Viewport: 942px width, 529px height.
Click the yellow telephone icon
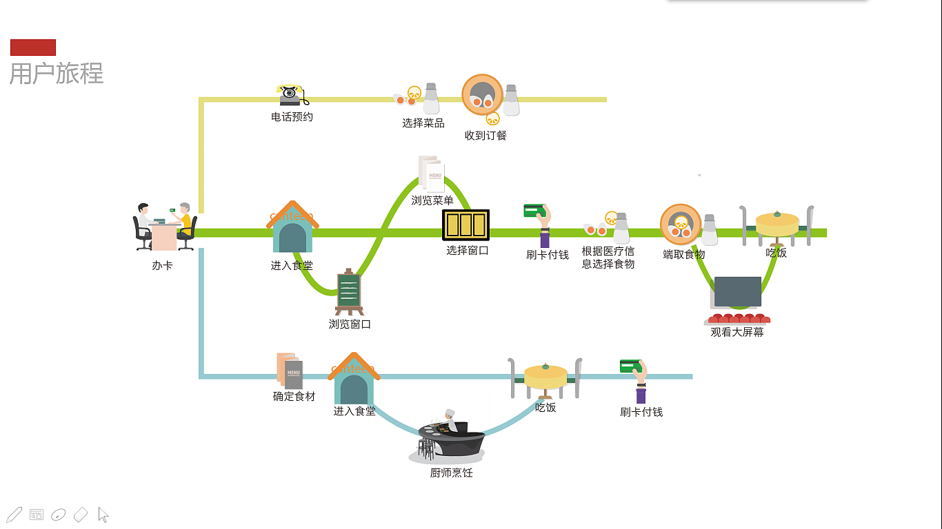tap(292, 95)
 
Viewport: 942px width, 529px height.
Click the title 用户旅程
tap(57, 73)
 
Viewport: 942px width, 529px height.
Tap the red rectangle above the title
tap(33, 48)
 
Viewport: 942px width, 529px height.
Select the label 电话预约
tap(292, 117)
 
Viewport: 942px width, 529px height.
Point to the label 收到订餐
tap(485, 136)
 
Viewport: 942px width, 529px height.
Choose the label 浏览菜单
tap(432, 200)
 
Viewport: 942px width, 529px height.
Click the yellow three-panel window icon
tap(466, 225)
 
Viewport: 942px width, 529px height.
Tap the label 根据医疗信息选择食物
tap(608, 258)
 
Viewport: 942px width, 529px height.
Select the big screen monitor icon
tap(737, 292)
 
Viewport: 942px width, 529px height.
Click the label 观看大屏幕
tap(737, 332)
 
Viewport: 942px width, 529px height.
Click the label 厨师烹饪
tap(452, 473)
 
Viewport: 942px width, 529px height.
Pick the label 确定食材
tap(294, 397)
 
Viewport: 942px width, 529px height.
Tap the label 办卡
tap(162, 266)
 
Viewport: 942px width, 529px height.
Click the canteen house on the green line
tap(293, 228)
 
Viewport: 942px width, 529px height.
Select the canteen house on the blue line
tap(354, 380)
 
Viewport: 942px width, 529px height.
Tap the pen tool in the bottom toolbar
tap(14, 515)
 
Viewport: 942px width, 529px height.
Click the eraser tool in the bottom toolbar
tap(81, 515)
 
